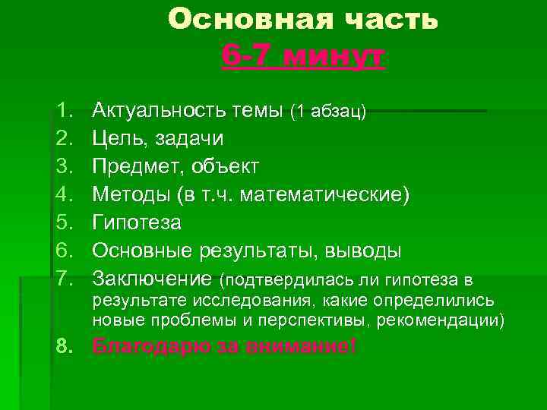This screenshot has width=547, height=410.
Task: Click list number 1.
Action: tap(63, 112)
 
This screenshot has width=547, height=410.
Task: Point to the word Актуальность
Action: tap(157, 112)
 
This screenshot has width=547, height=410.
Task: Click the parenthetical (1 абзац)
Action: tap(327, 112)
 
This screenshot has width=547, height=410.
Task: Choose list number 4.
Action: tap(63, 196)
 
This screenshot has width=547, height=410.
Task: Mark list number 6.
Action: tap(63, 251)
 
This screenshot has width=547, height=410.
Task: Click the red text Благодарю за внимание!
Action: tap(224, 347)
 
